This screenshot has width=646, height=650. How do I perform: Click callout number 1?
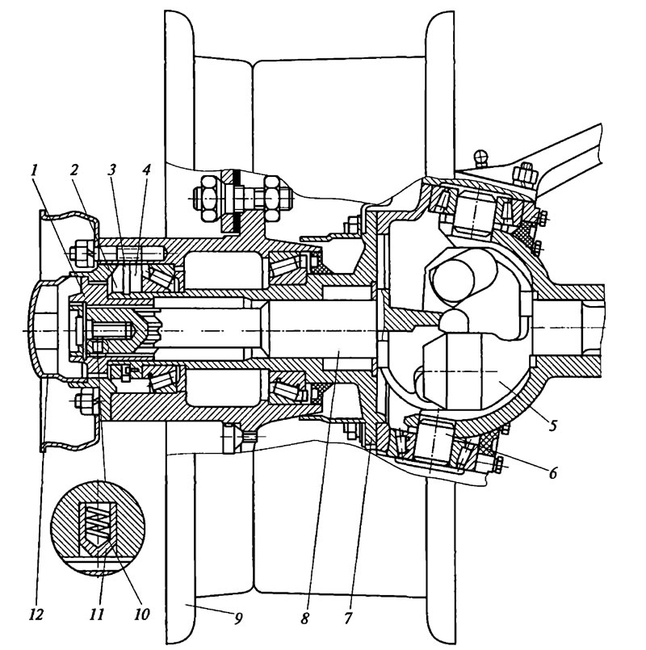coord(35,170)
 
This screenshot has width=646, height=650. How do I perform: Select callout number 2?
coord(74,170)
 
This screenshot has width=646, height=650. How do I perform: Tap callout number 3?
coord(111,170)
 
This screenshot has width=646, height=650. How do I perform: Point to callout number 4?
coord(145,170)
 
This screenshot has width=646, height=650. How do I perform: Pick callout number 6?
coord(552,472)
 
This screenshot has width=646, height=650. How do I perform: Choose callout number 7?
coord(347,617)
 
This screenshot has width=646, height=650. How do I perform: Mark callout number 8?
coord(304,617)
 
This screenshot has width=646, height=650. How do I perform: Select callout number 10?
coord(141,614)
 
